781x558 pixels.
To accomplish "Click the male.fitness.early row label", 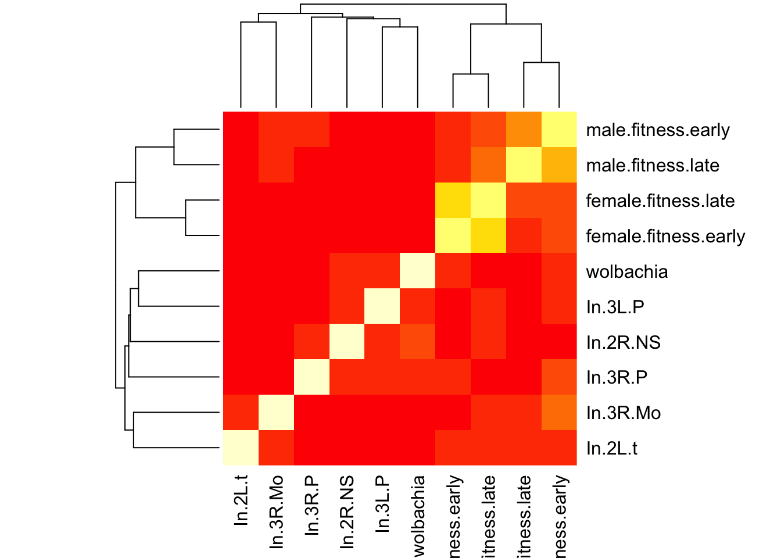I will point(657,130).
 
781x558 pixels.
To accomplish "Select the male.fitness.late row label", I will point(653,166).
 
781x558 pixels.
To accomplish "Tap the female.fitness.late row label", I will point(660,201).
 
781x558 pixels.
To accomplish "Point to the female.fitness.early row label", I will point(665,237).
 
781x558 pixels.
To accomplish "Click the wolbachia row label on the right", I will point(627,272).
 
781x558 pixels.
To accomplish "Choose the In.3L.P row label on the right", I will point(615,307).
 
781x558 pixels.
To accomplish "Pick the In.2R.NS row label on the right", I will point(623,342).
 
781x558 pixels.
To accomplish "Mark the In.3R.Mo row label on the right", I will point(623,413).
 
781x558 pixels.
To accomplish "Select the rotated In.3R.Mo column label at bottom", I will point(277,512).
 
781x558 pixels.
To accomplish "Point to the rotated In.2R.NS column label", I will point(347,512).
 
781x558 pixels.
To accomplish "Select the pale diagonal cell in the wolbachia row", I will point(418,271).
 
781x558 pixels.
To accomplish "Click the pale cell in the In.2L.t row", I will point(241,448).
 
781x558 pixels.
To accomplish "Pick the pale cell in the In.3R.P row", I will point(311,378).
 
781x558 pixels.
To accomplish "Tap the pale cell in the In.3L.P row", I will point(382,307).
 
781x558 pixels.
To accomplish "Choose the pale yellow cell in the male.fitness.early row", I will point(559,130).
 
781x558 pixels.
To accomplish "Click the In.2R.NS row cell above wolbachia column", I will point(418,342).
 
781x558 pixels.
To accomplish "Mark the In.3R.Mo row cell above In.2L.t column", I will point(241,413).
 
